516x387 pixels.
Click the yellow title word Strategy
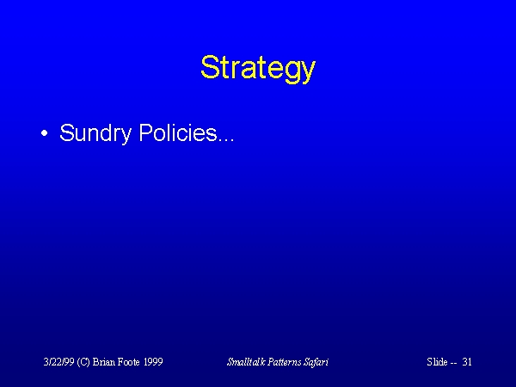258,68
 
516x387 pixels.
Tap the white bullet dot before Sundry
45,133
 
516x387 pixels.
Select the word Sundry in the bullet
95,133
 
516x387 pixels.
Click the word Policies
178,132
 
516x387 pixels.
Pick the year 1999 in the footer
153,362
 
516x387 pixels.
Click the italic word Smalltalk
246,362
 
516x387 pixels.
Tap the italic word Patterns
285,362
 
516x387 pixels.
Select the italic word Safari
316,362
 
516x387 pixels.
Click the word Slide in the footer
437,362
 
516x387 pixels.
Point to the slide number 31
467,362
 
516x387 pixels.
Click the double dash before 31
453,363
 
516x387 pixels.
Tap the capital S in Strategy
210,67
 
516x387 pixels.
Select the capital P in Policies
146,132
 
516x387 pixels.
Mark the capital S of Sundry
67,132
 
